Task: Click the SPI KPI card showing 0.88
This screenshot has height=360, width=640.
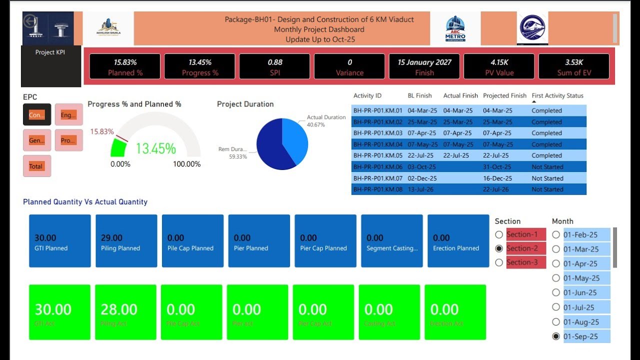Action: click(x=274, y=66)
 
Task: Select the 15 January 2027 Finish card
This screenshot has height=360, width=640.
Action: click(x=424, y=66)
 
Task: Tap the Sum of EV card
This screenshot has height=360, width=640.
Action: click(x=573, y=66)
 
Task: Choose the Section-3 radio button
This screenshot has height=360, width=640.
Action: click(x=499, y=262)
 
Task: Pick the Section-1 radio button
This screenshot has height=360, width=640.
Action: click(x=499, y=234)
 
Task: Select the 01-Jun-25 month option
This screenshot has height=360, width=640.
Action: click(x=556, y=292)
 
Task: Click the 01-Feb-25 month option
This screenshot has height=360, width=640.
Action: click(x=556, y=234)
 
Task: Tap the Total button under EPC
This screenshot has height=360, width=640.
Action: click(x=36, y=166)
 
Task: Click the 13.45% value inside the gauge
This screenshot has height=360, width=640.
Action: click(x=155, y=148)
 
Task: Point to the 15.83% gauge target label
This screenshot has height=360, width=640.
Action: click(x=101, y=131)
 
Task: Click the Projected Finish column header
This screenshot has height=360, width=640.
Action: click(x=504, y=95)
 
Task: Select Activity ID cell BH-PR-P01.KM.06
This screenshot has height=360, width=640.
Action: click(x=377, y=167)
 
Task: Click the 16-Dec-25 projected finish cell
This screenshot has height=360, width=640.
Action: click(x=497, y=178)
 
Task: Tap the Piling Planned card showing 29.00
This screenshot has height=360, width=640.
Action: click(x=126, y=241)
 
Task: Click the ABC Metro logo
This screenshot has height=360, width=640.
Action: click(x=455, y=28)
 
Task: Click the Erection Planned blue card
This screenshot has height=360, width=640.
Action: click(x=458, y=241)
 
